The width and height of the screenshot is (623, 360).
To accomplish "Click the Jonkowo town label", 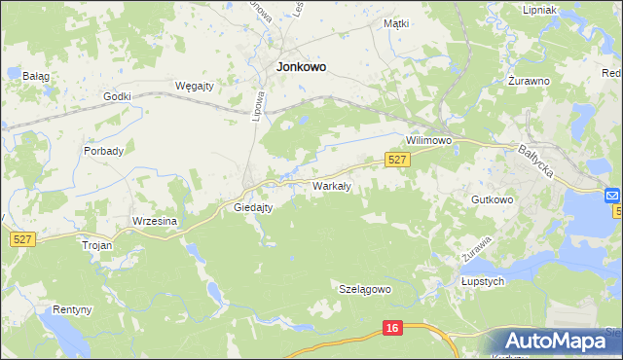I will (301, 67).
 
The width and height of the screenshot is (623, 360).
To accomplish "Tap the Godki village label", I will (117, 96).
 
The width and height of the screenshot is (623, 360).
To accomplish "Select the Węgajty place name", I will (193, 86).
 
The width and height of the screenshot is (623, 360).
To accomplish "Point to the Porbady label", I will (103, 151).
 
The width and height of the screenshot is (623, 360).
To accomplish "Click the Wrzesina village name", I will (154, 221).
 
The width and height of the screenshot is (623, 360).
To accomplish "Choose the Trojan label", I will (97, 245).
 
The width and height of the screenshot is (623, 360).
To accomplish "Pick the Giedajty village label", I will (253, 207).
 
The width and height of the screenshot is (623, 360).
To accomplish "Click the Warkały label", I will (331, 185).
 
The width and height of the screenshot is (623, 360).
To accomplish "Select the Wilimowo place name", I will (429, 140).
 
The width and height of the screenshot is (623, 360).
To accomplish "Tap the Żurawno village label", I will (530, 81).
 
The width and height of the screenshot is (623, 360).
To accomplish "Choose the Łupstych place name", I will (481, 281).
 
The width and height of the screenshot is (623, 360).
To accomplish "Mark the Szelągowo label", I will (364, 289).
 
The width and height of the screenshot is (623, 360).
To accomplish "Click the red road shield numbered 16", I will (391, 329).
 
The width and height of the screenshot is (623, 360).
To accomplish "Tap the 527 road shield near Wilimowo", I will (395, 159).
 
